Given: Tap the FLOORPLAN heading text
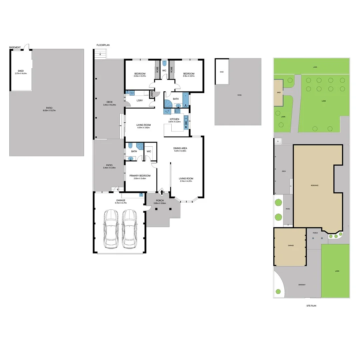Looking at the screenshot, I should click(x=103, y=45).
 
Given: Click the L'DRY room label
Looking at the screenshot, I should click(x=140, y=100).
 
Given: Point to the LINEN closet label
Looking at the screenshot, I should click(x=152, y=95).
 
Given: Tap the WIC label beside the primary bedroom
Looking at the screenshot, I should click(x=149, y=151).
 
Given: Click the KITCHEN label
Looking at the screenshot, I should click(x=174, y=119).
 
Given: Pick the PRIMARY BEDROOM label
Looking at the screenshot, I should click(x=140, y=176).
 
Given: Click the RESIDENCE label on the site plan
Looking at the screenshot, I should click(x=315, y=185).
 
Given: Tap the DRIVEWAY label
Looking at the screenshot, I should click(x=302, y=285).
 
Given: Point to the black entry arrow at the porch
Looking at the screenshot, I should click(x=162, y=192).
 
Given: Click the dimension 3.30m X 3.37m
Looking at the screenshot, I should click(x=140, y=76).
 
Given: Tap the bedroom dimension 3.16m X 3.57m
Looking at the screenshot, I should click(x=188, y=76).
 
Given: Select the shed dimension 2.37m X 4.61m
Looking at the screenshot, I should click(x=21, y=73).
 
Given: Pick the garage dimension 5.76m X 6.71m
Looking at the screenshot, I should click(x=121, y=203).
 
